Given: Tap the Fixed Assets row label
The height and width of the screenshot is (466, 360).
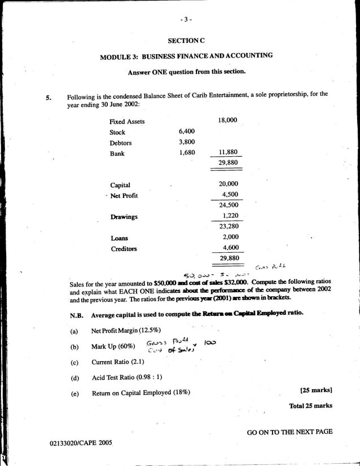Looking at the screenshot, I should coord(127,121).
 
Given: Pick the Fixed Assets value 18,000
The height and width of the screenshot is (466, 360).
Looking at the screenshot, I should coord(227,121).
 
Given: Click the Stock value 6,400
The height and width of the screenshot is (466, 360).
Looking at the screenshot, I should coord(186,132).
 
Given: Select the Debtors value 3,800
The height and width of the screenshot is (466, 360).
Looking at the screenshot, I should coord(186,142).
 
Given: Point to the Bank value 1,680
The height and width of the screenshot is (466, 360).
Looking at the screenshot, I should coord(186,153).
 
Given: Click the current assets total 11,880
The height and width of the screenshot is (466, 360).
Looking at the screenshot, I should coord(227,153).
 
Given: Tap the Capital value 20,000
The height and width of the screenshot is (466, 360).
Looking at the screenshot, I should coord(228,184).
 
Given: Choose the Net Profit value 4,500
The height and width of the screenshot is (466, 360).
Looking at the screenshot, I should coord(230,195).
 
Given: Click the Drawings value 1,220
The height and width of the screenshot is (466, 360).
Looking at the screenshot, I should coord(230,216).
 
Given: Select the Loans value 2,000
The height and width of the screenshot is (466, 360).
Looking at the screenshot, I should coord(230,238).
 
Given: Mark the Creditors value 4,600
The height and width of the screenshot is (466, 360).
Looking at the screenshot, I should coord(230,248).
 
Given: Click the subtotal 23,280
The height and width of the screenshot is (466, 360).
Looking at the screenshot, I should coord(228,227).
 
